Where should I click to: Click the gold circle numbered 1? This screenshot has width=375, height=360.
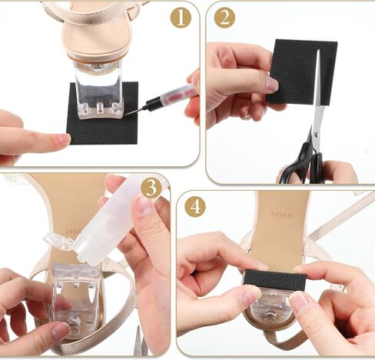pyautogui.click(x=181, y=18)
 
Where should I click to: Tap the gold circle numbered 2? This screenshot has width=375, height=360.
pyautogui.click(x=224, y=18)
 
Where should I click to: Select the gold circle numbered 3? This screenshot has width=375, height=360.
pyautogui.click(x=151, y=188)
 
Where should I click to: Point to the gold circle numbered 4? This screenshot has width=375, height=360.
pyautogui.click(x=195, y=207)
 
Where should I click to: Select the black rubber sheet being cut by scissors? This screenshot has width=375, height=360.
pyautogui.click(x=301, y=72)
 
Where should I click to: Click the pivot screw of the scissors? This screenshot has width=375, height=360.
pyautogui.click(x=317, y=135)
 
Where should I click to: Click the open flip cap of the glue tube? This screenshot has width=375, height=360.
pyautogui.click(x=58, y=242)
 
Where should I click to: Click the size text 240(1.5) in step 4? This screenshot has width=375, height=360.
pyautogui.click(x=282, y=215)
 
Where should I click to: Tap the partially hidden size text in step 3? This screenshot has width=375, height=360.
pyautogui.click(x=73, y=231)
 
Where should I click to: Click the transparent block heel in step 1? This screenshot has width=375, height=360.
pyautogui.click(x=98, y=90)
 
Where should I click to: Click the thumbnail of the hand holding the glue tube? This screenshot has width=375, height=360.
pyautogui.click(x=143, y=205)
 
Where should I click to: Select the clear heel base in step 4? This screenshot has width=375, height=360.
pyautogui.click(x=270, y=306)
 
